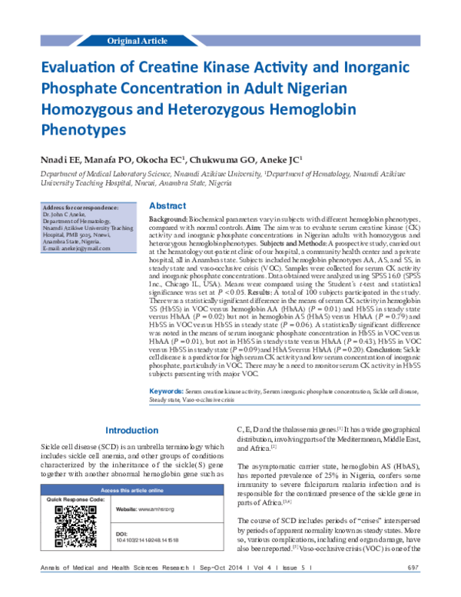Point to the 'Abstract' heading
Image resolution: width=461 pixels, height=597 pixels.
click(167, 206)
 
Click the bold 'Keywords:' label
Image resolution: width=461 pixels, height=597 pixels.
click(165, 392)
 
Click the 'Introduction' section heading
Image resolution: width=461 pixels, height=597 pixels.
click(131, 430)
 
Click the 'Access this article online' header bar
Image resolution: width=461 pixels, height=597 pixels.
click(131, 490)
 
